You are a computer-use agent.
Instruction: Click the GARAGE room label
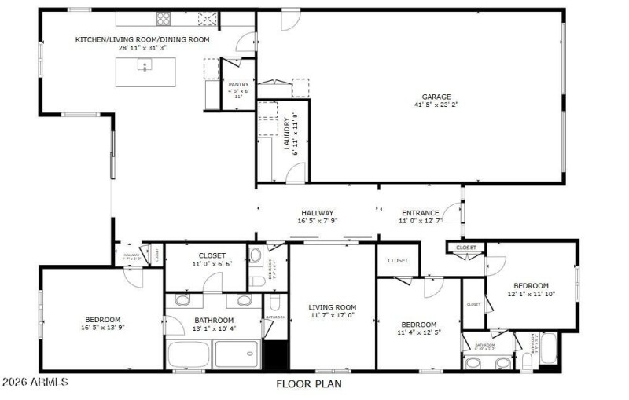[x=436, y=97]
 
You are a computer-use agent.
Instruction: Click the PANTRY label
[x=238, y=84]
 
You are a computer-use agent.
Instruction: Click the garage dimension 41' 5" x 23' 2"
[x=436, y=105]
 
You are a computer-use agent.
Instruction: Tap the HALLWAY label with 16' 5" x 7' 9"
[x=317, y=213]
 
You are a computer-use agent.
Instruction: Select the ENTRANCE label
[x=421, y=213]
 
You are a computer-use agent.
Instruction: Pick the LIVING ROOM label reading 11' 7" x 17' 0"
[x=332, y=307]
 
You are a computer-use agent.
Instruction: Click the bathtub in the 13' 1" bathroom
[x=189, y=354]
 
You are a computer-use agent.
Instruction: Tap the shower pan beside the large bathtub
[x=238, y=354]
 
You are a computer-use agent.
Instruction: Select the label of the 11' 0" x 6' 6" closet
[x=212, y=255]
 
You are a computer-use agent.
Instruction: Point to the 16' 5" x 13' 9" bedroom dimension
[x=102, y=328]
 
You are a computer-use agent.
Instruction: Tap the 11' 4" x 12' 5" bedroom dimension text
[x=418, y=332]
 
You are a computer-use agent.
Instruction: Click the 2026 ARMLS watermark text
[x=35, y=383]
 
